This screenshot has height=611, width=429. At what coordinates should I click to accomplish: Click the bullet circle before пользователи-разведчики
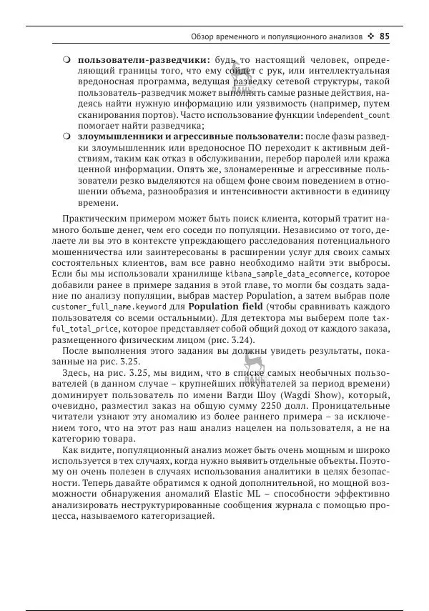coord(66,59)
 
